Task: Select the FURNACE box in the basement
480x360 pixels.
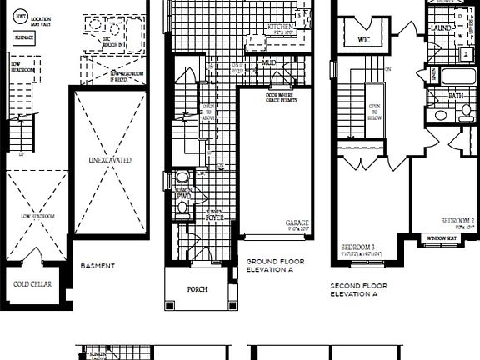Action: click(x=24, y=38)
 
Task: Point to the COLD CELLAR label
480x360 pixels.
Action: click(x=32, y=284)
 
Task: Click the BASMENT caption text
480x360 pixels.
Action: click(x=97, y=267)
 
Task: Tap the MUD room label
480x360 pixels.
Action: click(x=268, y=62)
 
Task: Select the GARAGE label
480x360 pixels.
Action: click(x=297, y=222)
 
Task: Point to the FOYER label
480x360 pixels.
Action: click(x=217, y=217)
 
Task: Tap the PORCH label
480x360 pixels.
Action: click(x=197, y=289)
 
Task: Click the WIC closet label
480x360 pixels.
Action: click(x=363, y=40)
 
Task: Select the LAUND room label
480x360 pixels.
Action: click(x=441, y=27)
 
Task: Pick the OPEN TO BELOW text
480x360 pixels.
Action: click(x=375, y=112)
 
